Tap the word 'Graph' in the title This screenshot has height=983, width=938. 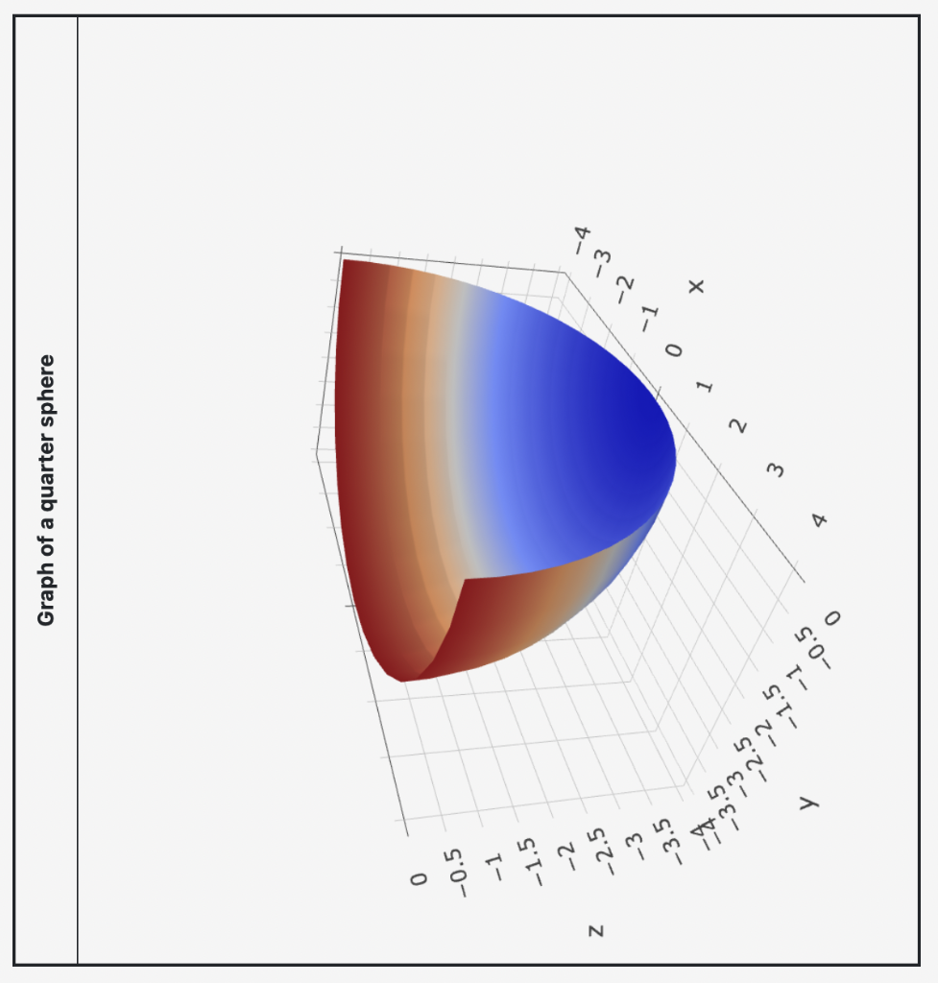click(46, 596)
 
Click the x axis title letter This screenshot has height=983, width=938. click(696, 285)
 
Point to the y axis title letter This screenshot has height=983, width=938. click(808, 801)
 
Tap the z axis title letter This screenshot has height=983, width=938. click(596, 929)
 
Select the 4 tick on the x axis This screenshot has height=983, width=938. click(819, 519)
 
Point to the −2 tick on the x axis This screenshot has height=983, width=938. click(625, 285)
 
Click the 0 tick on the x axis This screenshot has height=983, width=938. click(675, 351)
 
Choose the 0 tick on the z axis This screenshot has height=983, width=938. click(417, 878)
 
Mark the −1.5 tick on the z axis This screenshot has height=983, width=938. click(530, 859)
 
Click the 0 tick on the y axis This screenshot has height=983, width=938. click(831, 617)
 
